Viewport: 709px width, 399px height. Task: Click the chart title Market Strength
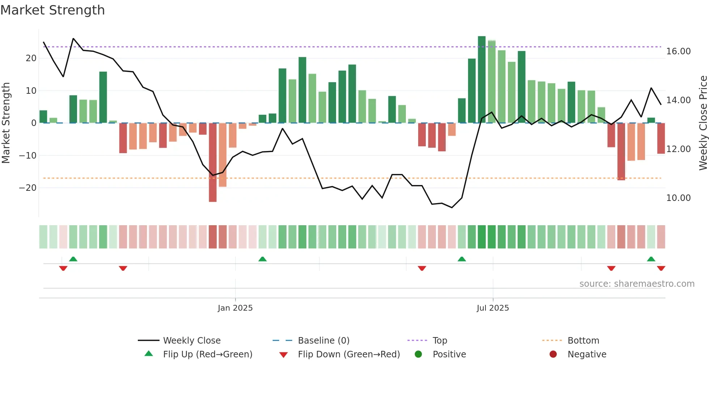(53, 10)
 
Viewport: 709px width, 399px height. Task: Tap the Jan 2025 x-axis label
(235, 308)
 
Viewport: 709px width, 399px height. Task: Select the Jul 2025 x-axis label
(493, 308)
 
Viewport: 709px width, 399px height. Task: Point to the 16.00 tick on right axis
(678, 51)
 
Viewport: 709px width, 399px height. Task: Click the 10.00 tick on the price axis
(678, 198)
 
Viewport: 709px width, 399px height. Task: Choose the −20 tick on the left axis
(28, 188)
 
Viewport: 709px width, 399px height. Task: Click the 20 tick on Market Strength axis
(31, 58)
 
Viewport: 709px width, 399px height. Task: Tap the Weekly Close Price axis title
(703, 123)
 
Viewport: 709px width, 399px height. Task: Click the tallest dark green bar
(481, 80)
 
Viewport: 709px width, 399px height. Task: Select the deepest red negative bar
(213, 163)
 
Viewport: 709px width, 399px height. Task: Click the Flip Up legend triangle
(149, 354)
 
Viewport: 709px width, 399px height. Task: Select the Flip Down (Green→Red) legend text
(349, 354)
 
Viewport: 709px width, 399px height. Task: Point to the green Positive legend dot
(418, 354)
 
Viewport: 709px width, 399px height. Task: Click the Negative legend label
(587, 354)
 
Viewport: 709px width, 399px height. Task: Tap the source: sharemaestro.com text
(637, 284)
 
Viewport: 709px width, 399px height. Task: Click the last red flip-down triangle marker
(661, 268)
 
